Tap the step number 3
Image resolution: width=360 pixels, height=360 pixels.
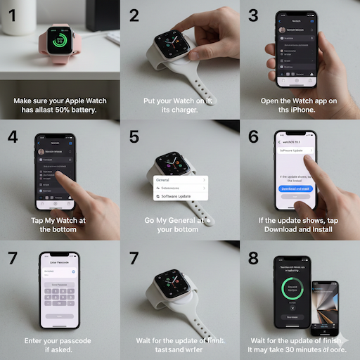[252, 16]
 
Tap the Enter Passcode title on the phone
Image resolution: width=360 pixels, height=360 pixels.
[59, 262]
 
